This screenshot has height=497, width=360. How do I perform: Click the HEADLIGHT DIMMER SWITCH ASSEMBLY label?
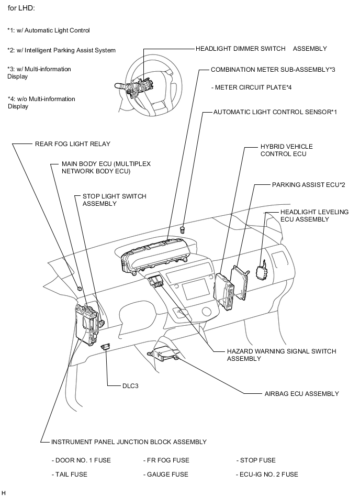[261, 49]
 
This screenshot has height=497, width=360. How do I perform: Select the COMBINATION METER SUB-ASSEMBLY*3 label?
[273, 69]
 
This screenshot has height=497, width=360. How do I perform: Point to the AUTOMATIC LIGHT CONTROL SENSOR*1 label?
[275, 112]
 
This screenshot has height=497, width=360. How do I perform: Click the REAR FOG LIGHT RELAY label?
[73, 143]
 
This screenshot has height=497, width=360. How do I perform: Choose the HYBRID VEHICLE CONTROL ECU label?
[286, 150]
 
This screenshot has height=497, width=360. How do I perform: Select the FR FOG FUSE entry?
[166, 460]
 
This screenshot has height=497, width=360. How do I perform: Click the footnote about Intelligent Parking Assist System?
[62, 50]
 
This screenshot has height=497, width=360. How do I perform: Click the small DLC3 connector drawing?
[105, 346]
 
